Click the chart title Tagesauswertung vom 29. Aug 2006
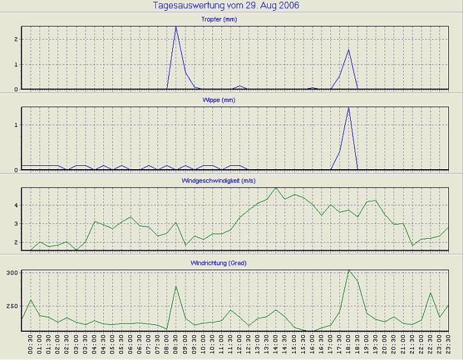pos(226,6)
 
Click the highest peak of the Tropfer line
pos(176,27)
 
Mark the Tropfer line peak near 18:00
pos(348,50)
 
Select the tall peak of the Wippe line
pos(348,108)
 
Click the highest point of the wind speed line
pos(276,188)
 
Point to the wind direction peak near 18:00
pos(349,271)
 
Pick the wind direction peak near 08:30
pos(176,286)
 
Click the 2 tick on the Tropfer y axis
pos(15,39)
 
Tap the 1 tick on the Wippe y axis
pos(15,125)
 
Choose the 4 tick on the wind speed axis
pos(15,206)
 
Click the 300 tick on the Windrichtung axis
pos(11,273)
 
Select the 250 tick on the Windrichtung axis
pos(11,306)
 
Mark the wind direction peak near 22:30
pos(430,294)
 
